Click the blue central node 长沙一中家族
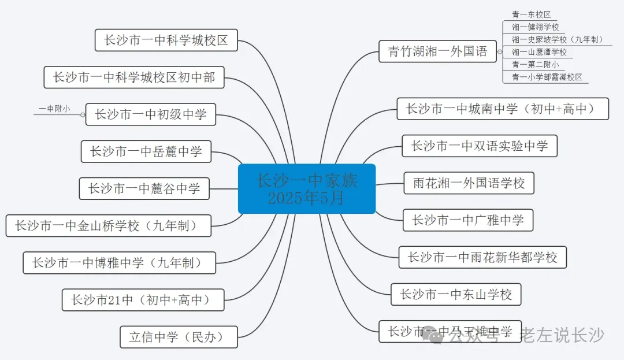coord(307,189)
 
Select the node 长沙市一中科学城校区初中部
coord(134,77)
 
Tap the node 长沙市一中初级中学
coord(150,114)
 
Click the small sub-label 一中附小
coord(54,109)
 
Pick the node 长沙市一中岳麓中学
coord(146,152)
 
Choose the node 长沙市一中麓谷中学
coord(144,188)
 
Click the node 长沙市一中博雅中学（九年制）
coord(119,263)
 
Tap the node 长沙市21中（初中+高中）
coord(143,300)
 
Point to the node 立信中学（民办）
coord(179,337)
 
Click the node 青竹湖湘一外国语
coord(437,51)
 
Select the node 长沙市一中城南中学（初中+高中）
coord(503,109)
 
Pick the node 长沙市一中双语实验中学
coord(480,146)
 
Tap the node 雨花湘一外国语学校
coord(469,183)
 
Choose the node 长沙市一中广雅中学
coord(467,220)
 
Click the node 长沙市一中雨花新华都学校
coord(482,257)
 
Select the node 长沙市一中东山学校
coord(456,295)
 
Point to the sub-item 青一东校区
coord(531,14)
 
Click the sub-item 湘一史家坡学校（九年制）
coord(557,39)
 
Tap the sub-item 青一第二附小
coord(535,65)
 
